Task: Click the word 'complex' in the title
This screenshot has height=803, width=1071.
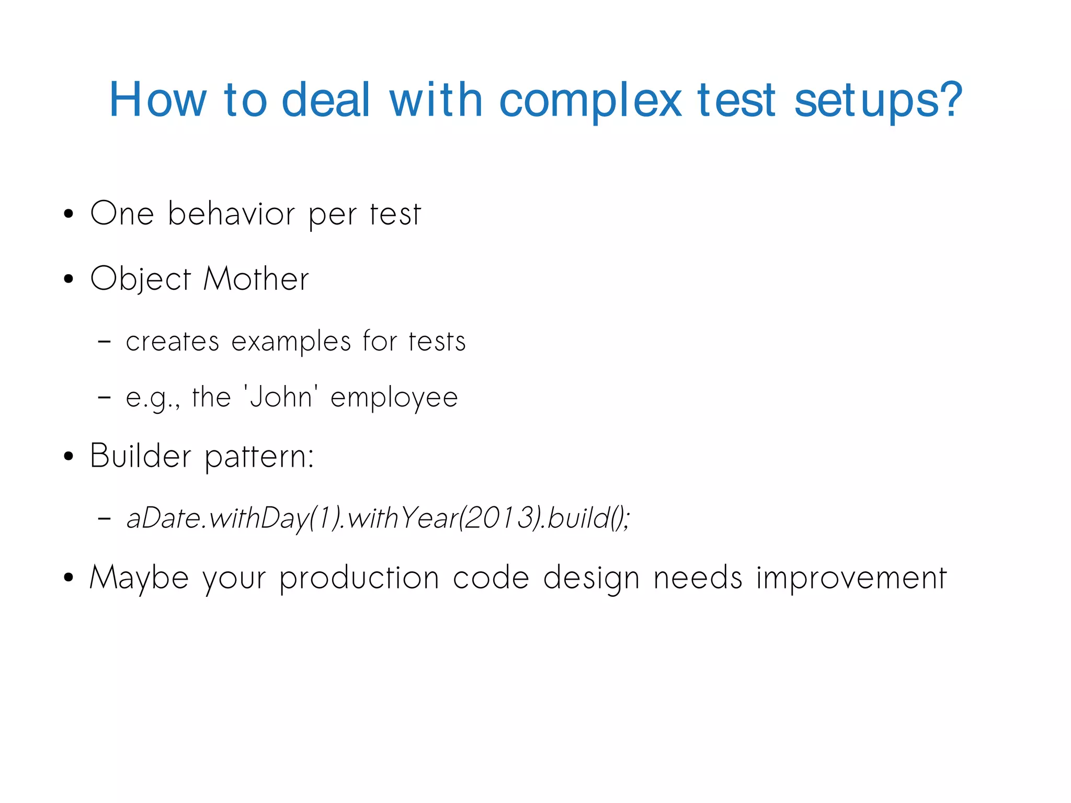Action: point(591,100)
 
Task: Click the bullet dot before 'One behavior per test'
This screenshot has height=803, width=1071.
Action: point(68,214)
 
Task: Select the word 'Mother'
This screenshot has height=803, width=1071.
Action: point(256,278)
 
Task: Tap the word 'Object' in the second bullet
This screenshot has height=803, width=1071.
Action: point(140,279)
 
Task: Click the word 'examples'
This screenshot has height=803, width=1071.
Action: point(291,342)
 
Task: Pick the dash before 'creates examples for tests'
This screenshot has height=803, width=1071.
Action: point(105,342)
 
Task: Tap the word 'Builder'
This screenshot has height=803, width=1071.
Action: point(140,455)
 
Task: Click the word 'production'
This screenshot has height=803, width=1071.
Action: point(359,578)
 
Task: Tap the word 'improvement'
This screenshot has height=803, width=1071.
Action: point(851,578)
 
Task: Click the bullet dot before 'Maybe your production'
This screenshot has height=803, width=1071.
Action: point(68,579)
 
